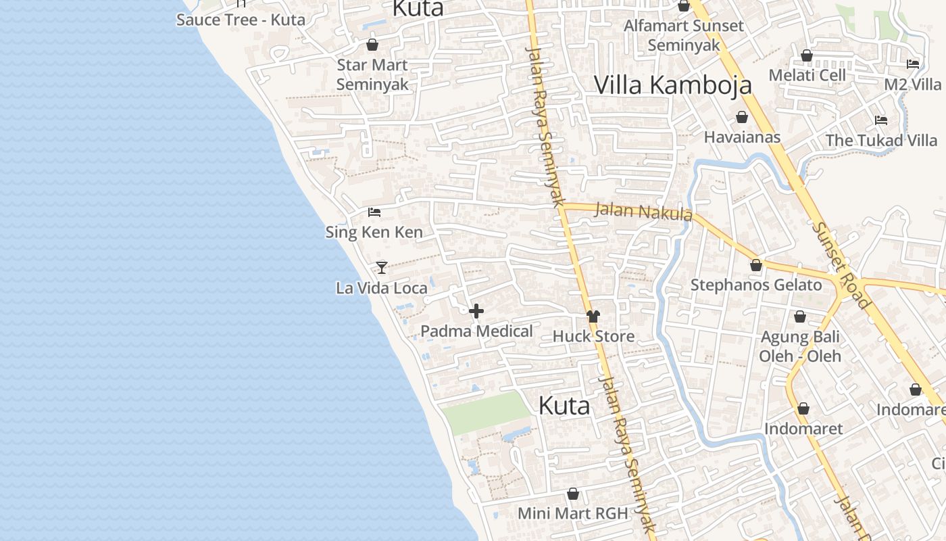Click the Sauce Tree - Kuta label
pos(241,20)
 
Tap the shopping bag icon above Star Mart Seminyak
pos(372,45)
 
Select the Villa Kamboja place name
pos(672,85)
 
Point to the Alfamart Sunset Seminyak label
pos(683,35)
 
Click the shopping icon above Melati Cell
pos(806,55)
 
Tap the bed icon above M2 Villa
pos(913,64)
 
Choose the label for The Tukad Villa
pos(881,141)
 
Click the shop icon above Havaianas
pos(741,117)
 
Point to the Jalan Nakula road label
pos(643,212)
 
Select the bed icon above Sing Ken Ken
pos(374,212)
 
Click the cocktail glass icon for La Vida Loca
pos(382,268)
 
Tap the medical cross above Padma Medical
pos(476,311)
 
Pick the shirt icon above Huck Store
pos(593,316)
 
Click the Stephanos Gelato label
pos(756,285)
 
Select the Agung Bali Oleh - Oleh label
pos(800,346)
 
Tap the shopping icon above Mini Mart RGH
pos(573,494)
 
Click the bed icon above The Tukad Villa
pos(881,120)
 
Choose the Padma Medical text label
pos(476,331)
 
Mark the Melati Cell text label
pos(807,75)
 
